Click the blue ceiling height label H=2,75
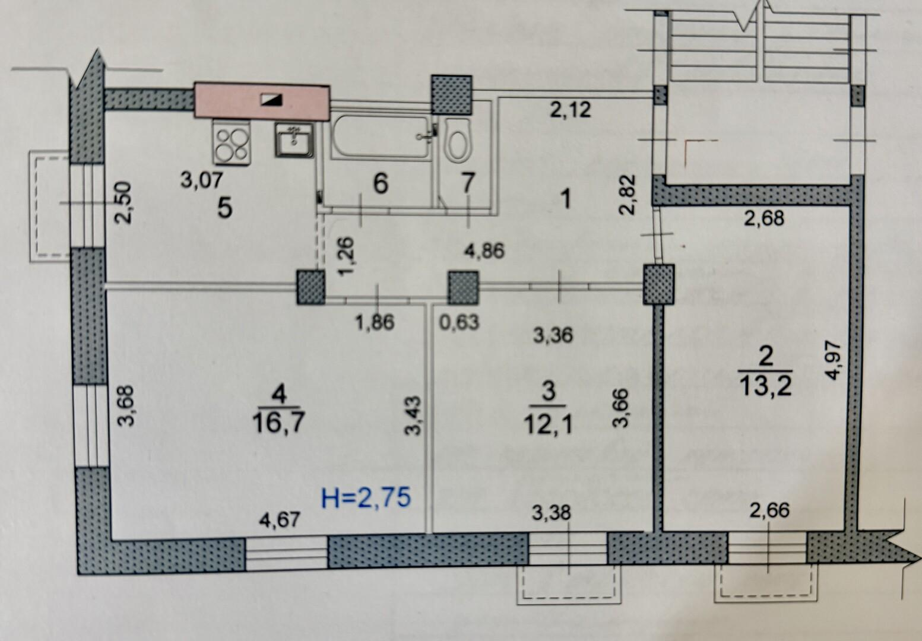tap(366, 497)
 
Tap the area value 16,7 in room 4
tap(278, 422)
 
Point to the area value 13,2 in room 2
tap(765, 386)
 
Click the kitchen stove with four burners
tap(231, 142)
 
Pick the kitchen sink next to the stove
tap(294, 140)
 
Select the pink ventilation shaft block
tap(262, 101)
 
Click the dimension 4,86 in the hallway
tap(484, 250)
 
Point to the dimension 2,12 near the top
tap(571, 109)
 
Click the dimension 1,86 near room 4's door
tap(375, 322)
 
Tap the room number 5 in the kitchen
tap(225, 207)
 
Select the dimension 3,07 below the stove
tap(202, 180)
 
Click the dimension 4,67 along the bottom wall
tap(280, 519)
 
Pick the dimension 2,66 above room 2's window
tap(769, 510)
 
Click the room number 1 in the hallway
tap(566, 200)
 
